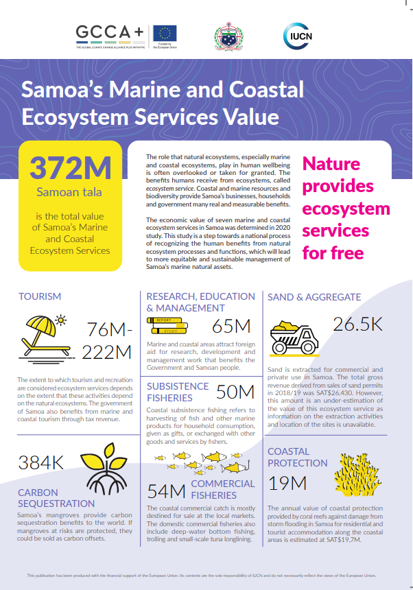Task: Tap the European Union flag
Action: click(x=165, y=32)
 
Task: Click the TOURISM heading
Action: click(x=40, y=296)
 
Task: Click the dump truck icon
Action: click(x=294, y=335)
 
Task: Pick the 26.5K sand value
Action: click(x=358, y=324)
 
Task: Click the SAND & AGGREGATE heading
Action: click(x=314, y=297)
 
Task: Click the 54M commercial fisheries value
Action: click(x=167, y=490)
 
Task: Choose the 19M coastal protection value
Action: click(x=287, y=483)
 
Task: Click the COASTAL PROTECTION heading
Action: click(x=297, y=457)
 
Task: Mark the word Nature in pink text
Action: click(x=331, y=165)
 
